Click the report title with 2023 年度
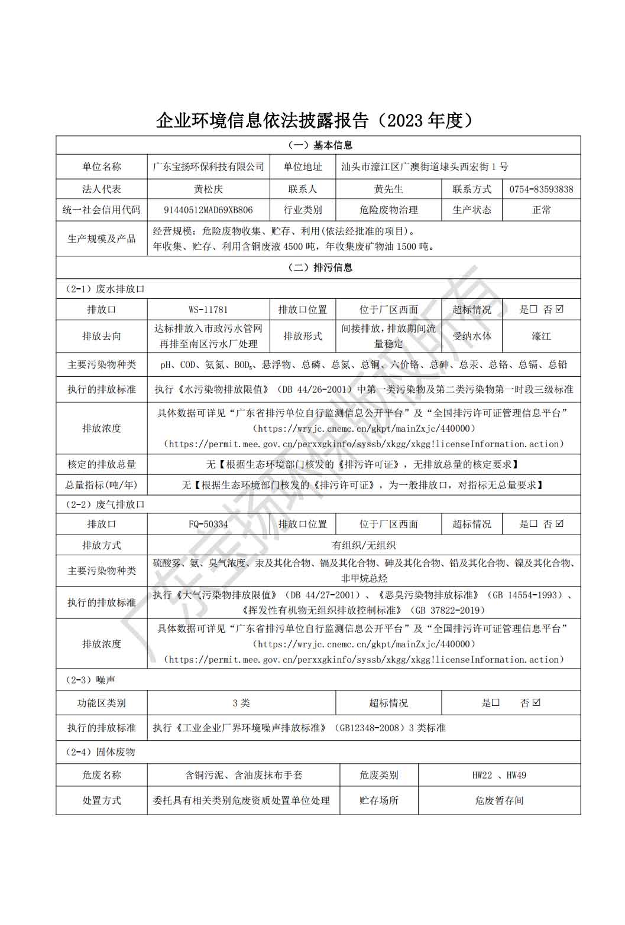[315, 120]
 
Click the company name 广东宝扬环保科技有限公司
[208, 167]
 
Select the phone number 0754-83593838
[541, 190]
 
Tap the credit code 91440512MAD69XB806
[208, 210]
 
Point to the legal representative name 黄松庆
[208, 190]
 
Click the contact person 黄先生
[388, 190]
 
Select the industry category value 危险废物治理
[388, 210]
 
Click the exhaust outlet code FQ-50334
[208, 525]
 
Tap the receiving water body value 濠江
[541, 337]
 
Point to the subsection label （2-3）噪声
[90, 680]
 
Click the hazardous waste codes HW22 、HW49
[499, 776]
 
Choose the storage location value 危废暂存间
[499, 801]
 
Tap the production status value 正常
[541, 210]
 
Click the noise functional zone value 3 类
[241, 703]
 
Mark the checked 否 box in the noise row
[536, 703]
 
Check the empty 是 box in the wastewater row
[533, 310]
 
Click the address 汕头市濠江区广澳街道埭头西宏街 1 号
[425, 167]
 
